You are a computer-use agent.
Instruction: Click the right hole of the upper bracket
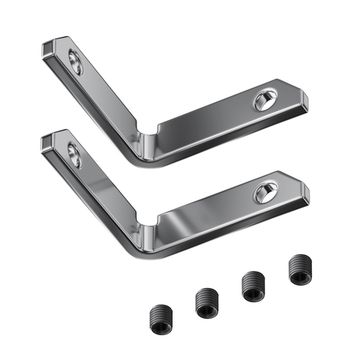tap(264, 101)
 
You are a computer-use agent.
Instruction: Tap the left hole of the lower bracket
tap(73, 153)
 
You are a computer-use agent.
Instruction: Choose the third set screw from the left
tap(253, 284)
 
